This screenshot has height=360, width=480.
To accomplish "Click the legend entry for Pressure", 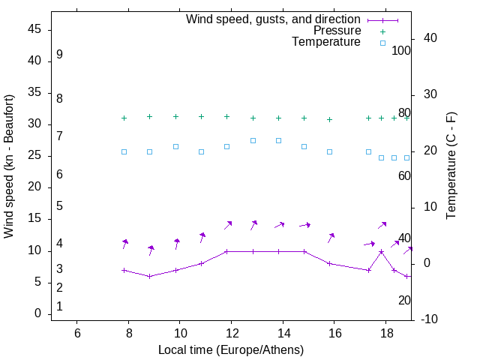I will pyautogui.click(x=337, y=31).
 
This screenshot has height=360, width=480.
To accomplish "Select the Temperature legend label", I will pyautogui.click(x=326, y=42).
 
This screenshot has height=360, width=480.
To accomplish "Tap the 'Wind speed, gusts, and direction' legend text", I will pyautogui.click(x=274, y=19).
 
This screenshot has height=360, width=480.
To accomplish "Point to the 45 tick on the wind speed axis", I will pyautogui.click(x=34, y=29).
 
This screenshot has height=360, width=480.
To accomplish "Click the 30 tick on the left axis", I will pyautogui.click(x=34, y=124).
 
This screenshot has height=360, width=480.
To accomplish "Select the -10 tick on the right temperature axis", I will pyautogui.click(x=430, y=319).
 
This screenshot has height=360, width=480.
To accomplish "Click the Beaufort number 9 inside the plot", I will pyautogui.click(x=59, y=55).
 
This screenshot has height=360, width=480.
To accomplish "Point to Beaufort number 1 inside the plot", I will pyautogui.click(x=59, y=306).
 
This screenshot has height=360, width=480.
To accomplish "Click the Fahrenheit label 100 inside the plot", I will pyautogui.click(x=401, y=51).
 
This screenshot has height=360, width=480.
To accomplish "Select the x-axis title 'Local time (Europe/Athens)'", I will pyautogui.click(x=231, y=349).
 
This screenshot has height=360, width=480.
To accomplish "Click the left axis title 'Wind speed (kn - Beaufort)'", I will pyautogui.click(x=9, y=166).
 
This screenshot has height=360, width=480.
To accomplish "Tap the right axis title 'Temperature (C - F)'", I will pyautogui.click(x=451, y=166).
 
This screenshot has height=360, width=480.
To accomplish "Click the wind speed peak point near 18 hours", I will pyautogui.click(x=381, y=252).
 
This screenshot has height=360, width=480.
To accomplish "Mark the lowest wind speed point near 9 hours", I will pyautogui.click(x=150, y=276).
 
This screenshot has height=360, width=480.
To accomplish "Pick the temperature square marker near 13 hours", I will pyautogui.click(x=253, y=140).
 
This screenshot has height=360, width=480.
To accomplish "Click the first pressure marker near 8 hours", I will pyautogui.click(x=124, y=118).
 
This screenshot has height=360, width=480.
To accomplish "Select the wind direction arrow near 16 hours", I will pyautogui.click(x=331, y=238).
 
